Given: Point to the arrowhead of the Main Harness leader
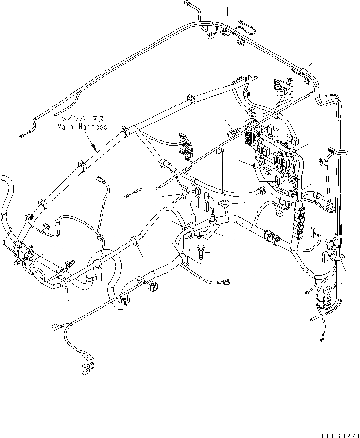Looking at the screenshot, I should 95,148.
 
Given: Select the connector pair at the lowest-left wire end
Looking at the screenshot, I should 86,369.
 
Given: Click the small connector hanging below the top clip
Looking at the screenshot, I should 211,35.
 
